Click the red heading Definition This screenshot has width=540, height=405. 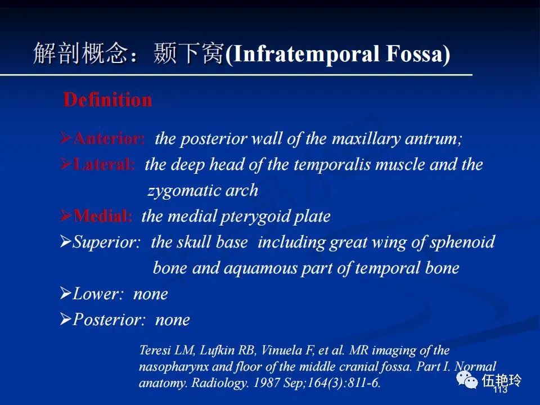pyautogui.click(x=107, y=100)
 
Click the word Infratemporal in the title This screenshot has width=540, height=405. pyautogui.click(x=306, y=55)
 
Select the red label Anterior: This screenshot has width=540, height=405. pyautogui.click(x=109, y=138)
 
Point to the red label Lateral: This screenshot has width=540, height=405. pyautogui.click(x=104, y=164)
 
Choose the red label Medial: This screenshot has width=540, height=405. pyautogui.click(x=102, y=216)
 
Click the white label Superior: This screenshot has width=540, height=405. pyautogui.click(x=107, y=242)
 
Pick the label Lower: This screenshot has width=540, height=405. pyautogui.click(x=98, y=294)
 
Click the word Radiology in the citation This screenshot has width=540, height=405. pyautogui.click(x=219, y=383)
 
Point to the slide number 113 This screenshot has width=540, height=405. pyautogui.click(x=501, y=389)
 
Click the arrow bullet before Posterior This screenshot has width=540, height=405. pyautogui.click(x=65, y=319)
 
